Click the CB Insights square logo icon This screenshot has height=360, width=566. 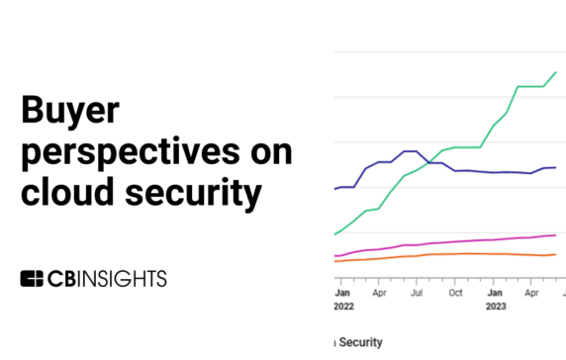pyautogui.click(x=33, y=278)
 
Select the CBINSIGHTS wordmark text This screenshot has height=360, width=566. pyautogui.click(x=107, y=278)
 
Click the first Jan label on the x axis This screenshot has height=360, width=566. pyautogui.click(x=342, y=294)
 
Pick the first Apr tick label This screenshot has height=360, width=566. pyautogui.click(x=379, y=294)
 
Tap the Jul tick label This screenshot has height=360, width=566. pyautogui.click(x=417, y=294)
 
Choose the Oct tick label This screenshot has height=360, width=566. pyautogui.click(x=454, y=294)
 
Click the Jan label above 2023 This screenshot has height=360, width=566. pyautogui.click(x=493, y=294)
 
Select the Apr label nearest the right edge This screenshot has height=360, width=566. pyautogui.click(x=529, y=294)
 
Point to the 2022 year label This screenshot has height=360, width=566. pyautogui.click(x=344, y=307)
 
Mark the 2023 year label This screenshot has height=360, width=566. pyautogui.click(x=495, y=307)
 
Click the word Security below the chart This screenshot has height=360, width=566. pyautogui.click(x=361, y=342)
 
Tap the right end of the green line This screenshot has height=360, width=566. pyautogui.click(x=556, y=72)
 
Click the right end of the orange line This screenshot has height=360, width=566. pyautogui.click(x=556, y=254)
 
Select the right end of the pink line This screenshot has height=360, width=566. pyautogui.click(x=556, y=235)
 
